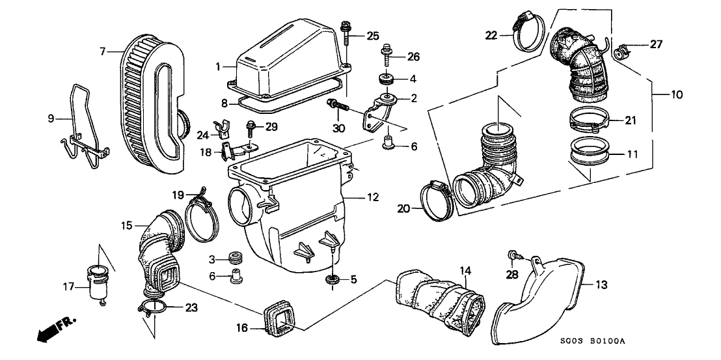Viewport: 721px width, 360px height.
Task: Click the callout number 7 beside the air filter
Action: [103, 50]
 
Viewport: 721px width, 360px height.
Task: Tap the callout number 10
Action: [677, 96]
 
